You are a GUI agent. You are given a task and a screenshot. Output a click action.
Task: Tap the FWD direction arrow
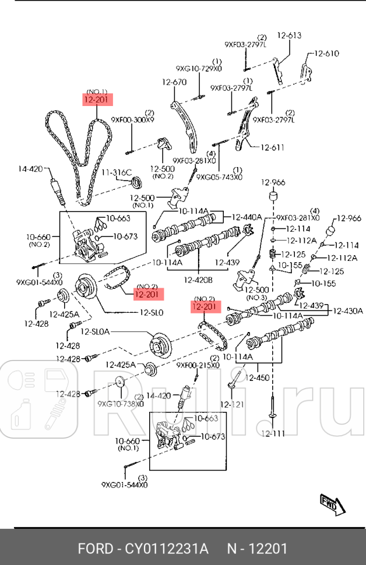pyautogui.click(x=330, y=504)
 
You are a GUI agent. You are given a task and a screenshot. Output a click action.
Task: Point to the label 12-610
pyautogui.click(x=326, y=54)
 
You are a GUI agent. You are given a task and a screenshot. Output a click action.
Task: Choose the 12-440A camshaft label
pyautogui.click(x=247, y=217)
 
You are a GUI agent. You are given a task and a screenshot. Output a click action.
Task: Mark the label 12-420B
pyautogui.click(x=198, y=280)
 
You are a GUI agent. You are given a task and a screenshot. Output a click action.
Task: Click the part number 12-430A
pyautogui.click(x=348, y=311)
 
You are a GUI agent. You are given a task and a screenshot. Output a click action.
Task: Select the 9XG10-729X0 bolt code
pyautogui.click(x=199, y=69)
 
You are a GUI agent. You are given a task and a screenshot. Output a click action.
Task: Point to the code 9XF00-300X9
pyautogui.click(x=132, y=120)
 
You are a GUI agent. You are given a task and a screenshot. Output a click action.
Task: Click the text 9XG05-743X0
pyautogui.click(x=219, y=176)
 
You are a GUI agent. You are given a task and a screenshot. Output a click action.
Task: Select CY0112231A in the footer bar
pyautogui.click(x=164, y=549)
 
